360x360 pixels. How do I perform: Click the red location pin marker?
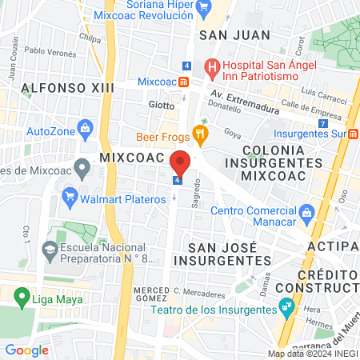click(x=181, y=163)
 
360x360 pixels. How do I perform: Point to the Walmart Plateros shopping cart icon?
click(x=70, y=194)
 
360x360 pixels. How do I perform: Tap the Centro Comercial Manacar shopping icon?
click(x=306, y=212)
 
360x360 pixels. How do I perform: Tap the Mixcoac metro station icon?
click(x=184, y=82)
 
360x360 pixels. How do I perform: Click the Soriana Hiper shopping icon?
click(x=203, y=10)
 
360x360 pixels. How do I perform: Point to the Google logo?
click(x=26, y=350)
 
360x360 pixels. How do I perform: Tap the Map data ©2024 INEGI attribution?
click(x=311, y=354)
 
